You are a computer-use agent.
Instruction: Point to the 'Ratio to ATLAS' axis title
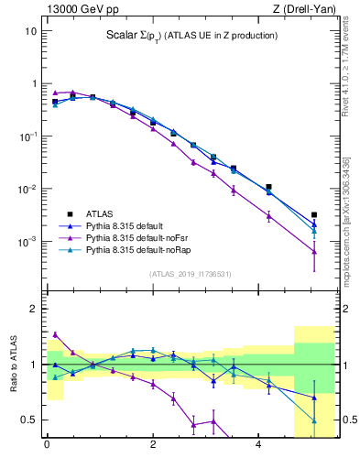[x=12, y=365]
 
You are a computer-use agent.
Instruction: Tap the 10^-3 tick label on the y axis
[x=27, y=243]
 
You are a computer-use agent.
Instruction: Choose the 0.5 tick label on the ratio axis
[x=28, y=420]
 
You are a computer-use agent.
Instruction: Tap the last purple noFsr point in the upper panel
[x=314, y=251]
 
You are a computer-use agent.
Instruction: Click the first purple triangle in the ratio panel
[x=55, y=334]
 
